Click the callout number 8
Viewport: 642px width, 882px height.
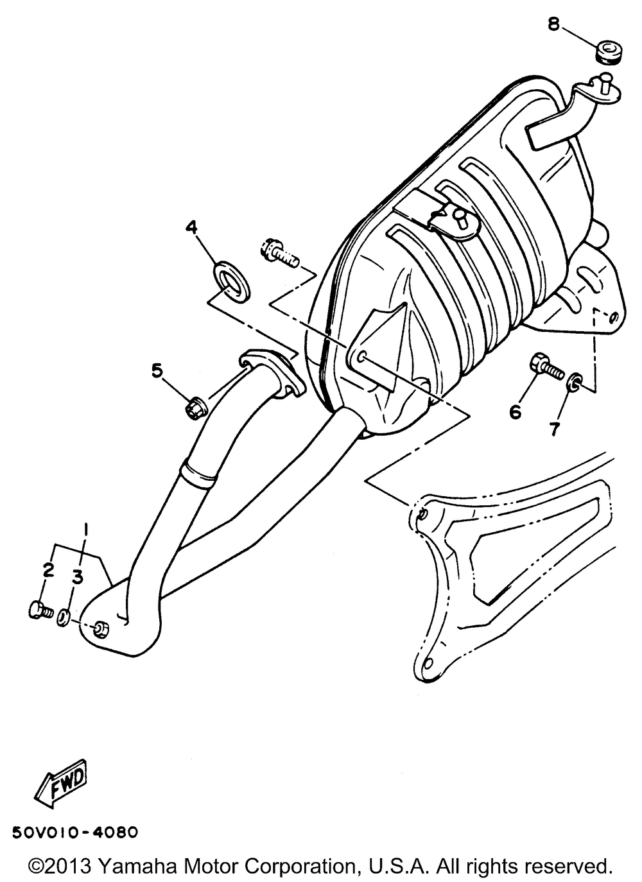click(553, 24)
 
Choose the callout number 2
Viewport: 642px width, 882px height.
click(47, 569)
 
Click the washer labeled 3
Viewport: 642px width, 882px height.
click(64, 618)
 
